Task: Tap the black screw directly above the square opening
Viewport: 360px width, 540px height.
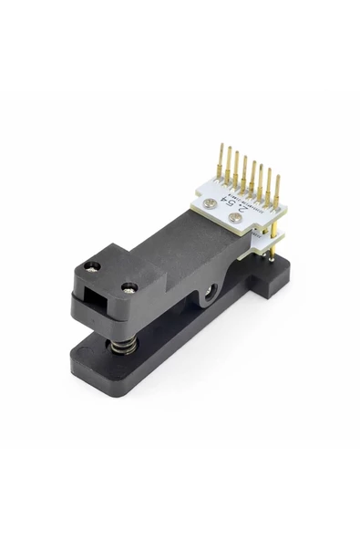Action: coord(91,267)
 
